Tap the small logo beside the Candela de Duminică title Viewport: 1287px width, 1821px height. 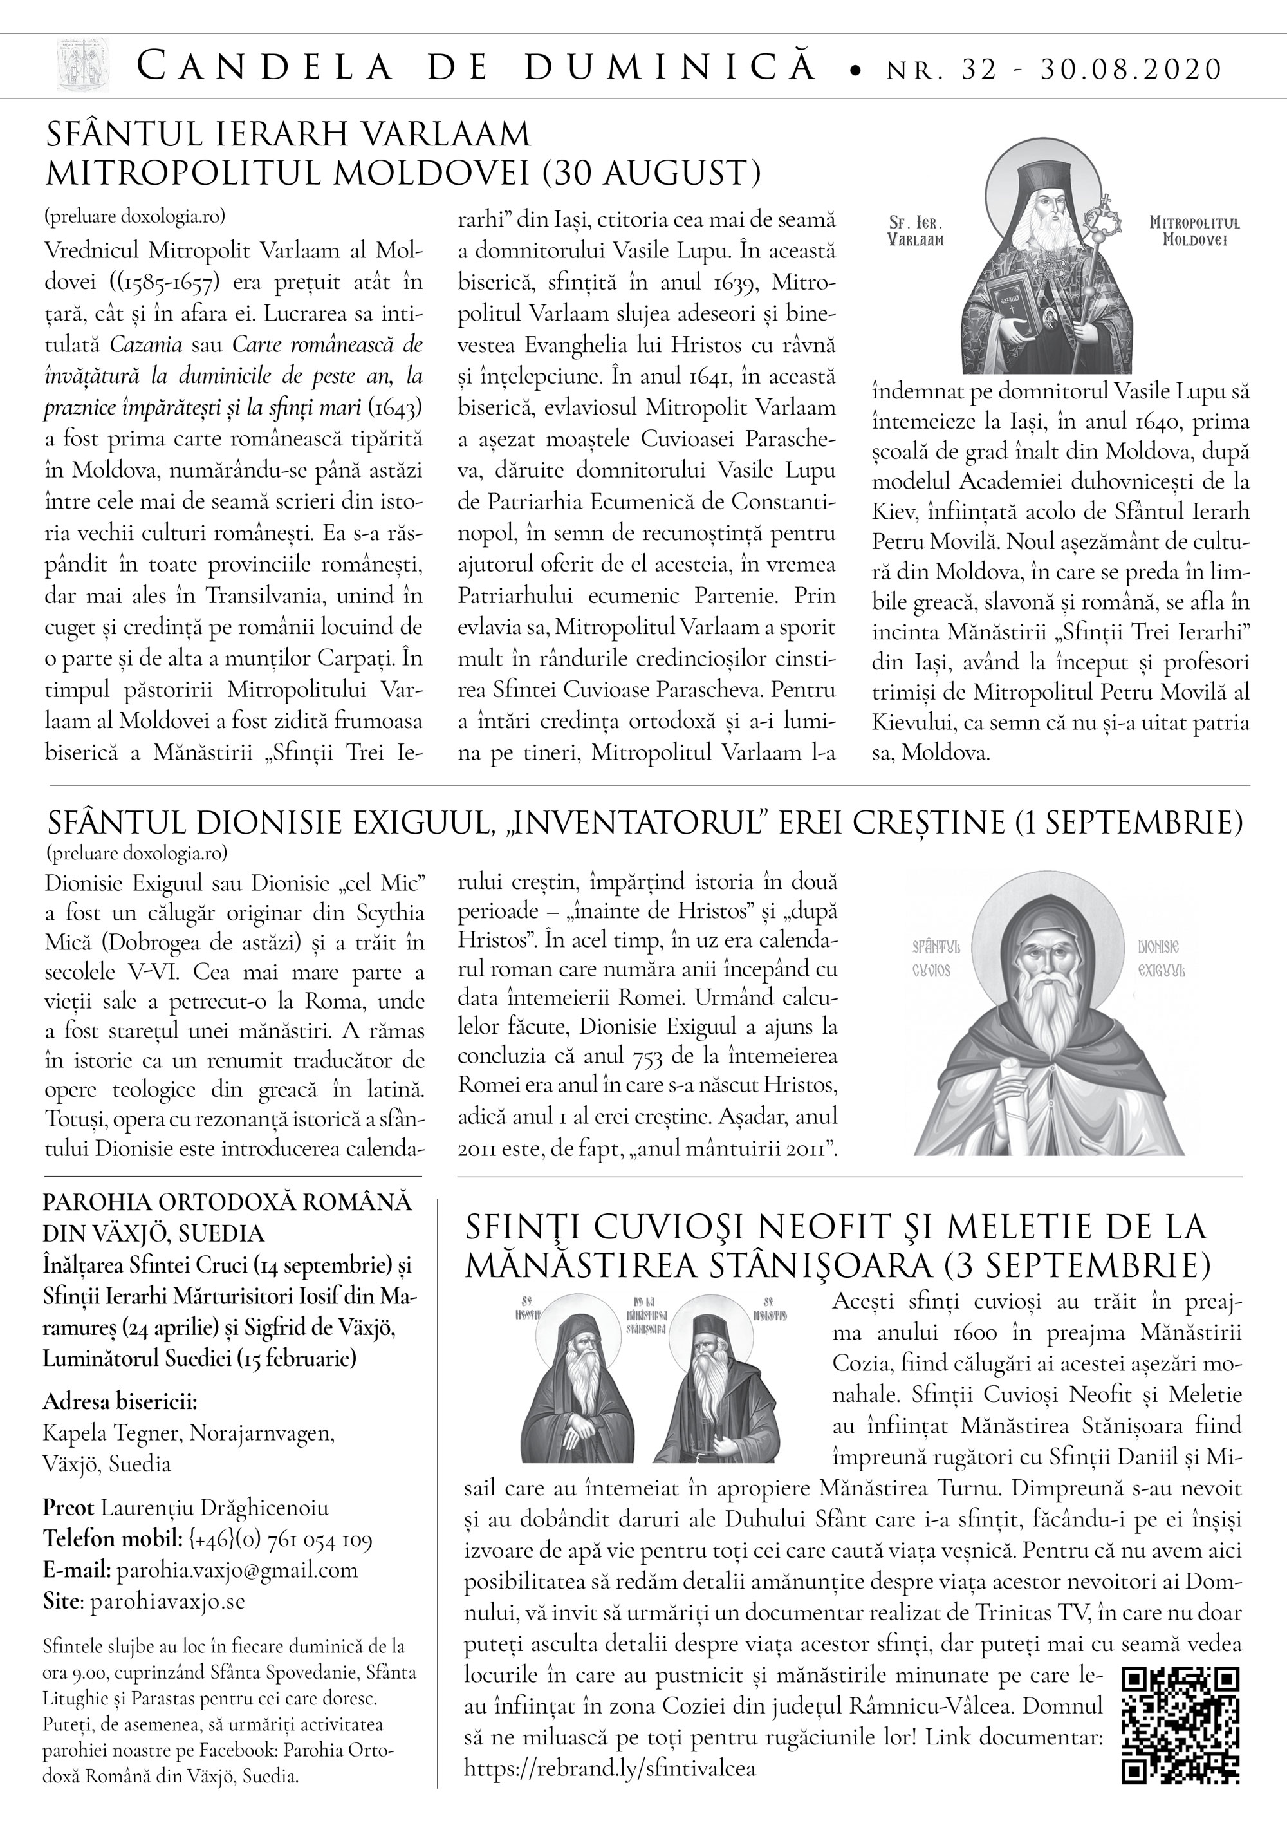pos(82,67)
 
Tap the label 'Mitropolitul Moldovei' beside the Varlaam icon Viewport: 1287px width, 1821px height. pos(1194,231)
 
